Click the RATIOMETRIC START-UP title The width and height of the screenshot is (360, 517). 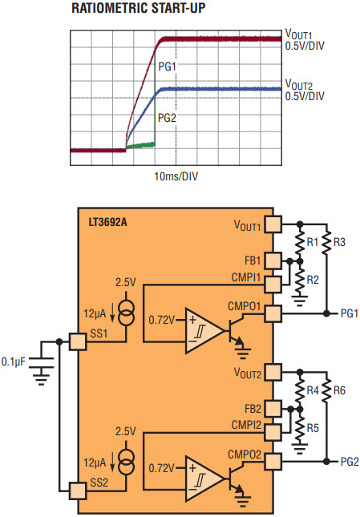(x=139, y=8)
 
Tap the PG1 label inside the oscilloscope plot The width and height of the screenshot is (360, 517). (x=168, y=67)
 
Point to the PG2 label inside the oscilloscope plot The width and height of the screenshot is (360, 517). (x=167, y=118)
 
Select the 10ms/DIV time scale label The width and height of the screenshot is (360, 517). (x=176, y=176)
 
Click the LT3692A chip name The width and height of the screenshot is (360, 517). (x=107, y=222)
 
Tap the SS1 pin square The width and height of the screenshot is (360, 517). (x=78, y=341)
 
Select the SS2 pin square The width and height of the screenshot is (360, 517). (x=78, y=491)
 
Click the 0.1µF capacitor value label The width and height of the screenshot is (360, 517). (x=13, y=361)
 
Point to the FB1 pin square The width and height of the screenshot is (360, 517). (x=273, y=261)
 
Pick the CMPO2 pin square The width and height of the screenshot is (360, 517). (x=273, y=462)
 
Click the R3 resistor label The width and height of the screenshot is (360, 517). (x=339, y=242)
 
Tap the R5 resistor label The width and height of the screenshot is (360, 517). (x=313, y=428)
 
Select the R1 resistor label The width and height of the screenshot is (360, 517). (x=313, y=242)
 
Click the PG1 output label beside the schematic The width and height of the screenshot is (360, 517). (x=350, y=313)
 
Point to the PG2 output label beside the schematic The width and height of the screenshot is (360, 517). (x=350, y=462)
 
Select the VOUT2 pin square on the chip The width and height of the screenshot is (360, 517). (x=273, y=373)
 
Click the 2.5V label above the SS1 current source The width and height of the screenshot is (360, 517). (x=125, y=282)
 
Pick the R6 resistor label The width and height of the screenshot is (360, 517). (x=339, y=390)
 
